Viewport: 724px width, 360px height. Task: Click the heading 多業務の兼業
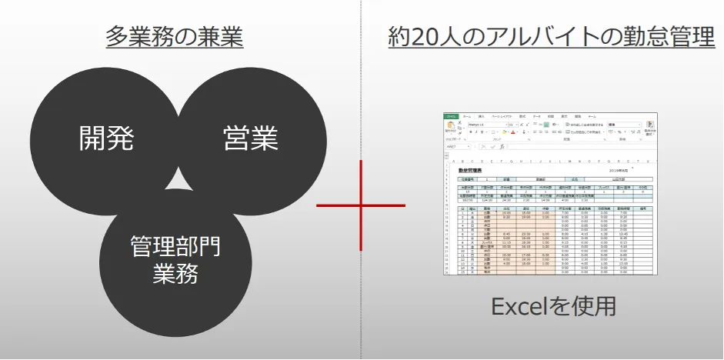[x=175, y=36]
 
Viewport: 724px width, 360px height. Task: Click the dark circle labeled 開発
[x=107, y=138]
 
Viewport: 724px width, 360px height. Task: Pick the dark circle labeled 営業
[x=251, y=138]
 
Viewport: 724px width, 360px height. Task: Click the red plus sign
[x=361, y=206]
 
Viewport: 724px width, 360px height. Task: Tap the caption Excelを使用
[x=554, y=305]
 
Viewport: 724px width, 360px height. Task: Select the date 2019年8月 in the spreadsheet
[x=620, y=169]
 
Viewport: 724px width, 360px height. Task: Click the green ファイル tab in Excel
[x=451, y=116]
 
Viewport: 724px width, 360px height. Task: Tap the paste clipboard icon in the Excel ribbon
[x=450, y=127]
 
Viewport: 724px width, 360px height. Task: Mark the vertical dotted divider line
[x=361, y=92]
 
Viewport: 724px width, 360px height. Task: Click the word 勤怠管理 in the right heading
[x=664, y=37]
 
